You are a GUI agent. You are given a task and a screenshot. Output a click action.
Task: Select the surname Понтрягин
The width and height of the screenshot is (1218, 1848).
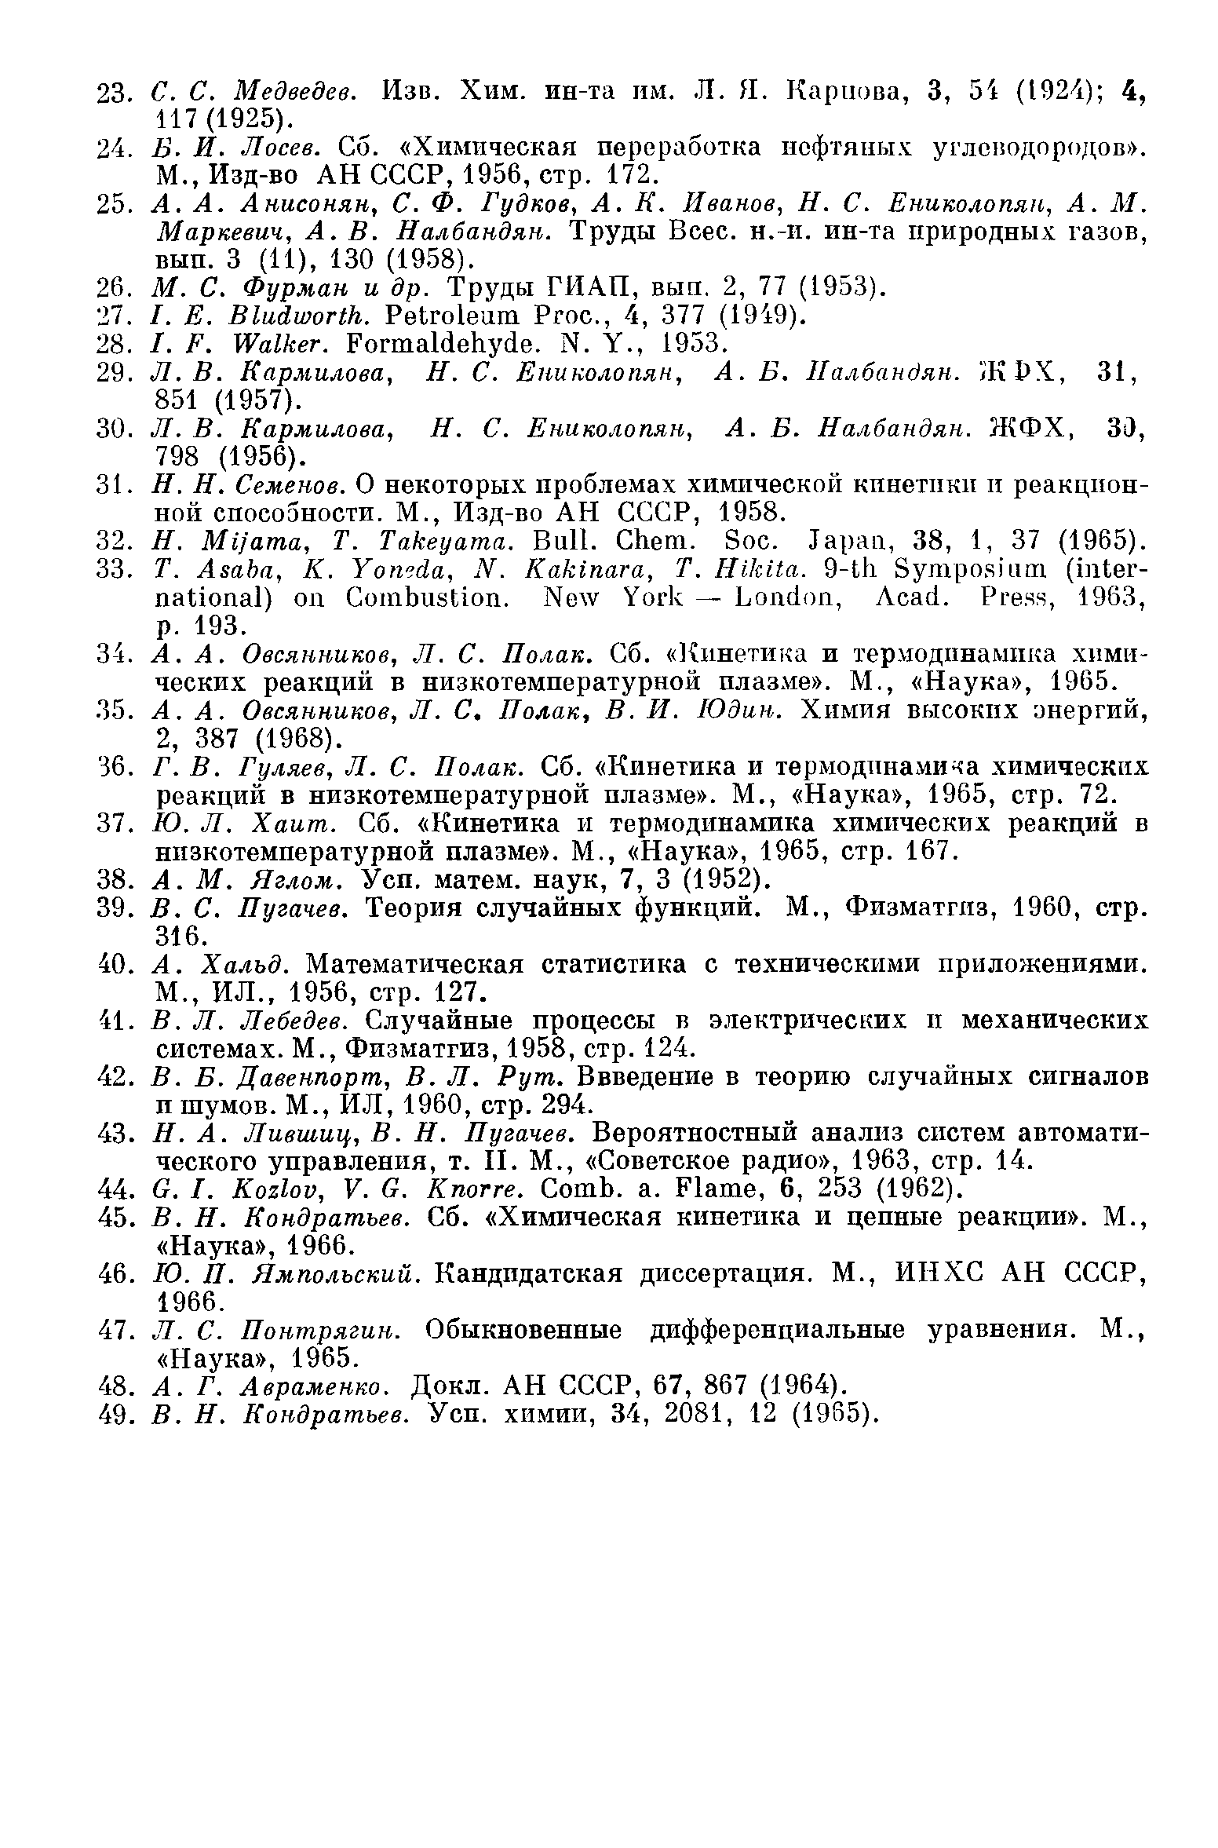[323, 1330]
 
